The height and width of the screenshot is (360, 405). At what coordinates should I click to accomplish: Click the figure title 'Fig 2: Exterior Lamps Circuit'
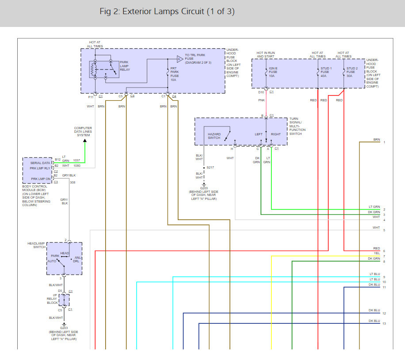152,11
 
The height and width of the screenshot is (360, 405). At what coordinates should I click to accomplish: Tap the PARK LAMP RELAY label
125,66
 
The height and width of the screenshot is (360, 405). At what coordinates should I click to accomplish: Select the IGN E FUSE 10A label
273,72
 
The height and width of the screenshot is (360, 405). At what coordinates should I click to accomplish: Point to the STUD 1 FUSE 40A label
326,72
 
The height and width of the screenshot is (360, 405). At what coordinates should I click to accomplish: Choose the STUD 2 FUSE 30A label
352,72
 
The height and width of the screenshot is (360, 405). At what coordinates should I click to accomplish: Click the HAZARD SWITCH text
214,136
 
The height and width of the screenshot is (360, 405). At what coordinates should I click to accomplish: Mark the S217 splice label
210,168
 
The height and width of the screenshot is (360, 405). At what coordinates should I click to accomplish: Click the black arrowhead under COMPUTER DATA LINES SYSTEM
85,141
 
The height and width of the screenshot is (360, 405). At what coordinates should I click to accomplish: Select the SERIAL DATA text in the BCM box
40,163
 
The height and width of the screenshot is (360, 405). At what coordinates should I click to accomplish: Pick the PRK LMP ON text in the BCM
41,179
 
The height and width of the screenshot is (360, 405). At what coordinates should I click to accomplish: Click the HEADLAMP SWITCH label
36,245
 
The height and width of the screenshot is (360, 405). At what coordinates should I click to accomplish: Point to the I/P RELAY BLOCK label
52,299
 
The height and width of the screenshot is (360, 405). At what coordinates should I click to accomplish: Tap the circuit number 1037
76,160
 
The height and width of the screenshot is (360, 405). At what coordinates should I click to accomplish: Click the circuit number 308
73,183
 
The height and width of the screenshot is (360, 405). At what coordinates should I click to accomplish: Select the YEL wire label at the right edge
377,253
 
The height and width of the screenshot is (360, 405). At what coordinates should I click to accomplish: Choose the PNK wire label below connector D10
261,100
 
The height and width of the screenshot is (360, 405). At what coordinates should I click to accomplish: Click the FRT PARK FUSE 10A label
174,74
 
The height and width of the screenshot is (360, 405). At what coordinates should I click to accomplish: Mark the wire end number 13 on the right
384,324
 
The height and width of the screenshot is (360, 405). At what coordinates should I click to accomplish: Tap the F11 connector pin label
91,97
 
